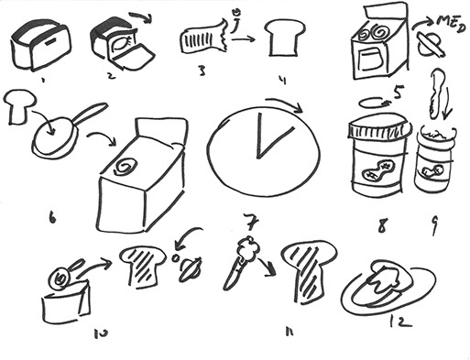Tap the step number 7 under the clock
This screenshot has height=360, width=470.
252,222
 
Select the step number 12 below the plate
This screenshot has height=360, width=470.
400,321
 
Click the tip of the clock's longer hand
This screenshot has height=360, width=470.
260,114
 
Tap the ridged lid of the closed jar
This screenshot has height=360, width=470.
378,125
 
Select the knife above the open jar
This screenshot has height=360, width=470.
434,94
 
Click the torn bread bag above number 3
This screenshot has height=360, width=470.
204,38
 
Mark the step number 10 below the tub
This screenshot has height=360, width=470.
101,333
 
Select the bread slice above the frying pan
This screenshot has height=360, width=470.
19,105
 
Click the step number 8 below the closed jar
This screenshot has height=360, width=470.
382,226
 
